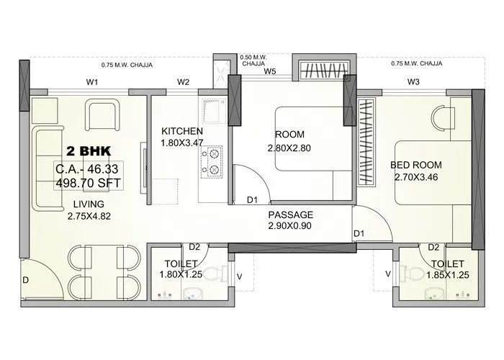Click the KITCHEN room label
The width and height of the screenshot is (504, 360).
click(x=181, y=131)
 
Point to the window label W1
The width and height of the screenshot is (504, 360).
click(x=92, y=83)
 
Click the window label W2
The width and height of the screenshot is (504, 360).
click(x=183, y=83)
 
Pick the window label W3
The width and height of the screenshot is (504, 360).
click(x=413, y=82)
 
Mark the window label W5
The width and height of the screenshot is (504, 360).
click(x=270, y=71)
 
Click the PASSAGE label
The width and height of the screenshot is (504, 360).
click(x=291, y=215)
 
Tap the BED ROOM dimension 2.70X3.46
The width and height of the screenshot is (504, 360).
click(x=417, y=176)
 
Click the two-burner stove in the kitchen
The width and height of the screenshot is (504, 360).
click(x=213, y=163)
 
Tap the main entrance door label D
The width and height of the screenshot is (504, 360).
click(x=26, y=279)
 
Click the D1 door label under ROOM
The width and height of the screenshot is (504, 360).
click(x=252, y=201)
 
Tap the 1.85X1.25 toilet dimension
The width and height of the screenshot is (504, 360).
click(x=444, y=274)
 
